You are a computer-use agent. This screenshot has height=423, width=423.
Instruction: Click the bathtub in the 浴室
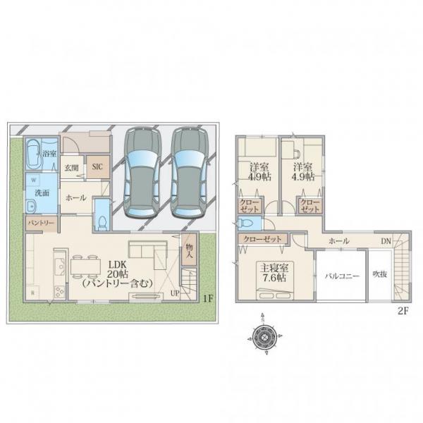point(34,153)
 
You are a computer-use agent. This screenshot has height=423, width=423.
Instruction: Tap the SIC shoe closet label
point(97,166)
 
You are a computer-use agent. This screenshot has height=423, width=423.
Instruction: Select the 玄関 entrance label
point(71,168)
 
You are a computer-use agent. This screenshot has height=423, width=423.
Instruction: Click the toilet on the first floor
point(102,223)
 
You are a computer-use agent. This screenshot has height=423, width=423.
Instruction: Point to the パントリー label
point(42,223)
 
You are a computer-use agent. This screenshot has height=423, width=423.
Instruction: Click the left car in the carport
point(142,172)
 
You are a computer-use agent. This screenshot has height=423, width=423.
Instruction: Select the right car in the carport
point(190,172)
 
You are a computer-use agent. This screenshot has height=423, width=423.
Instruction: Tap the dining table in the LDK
point(85,266)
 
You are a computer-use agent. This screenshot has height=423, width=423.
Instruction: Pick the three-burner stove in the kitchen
point(60,292)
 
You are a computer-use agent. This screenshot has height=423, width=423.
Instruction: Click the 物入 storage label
point(189,250)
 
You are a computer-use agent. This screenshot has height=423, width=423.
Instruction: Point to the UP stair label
point(175,293)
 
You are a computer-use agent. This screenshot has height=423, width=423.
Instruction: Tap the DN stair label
point(386,241)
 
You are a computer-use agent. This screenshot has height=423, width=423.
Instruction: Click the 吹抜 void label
point(380,274)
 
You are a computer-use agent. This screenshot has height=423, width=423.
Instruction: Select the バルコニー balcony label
point(342,276)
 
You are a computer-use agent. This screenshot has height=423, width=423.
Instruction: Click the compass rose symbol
point(264,336)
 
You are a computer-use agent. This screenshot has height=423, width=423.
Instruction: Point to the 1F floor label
point(208,298)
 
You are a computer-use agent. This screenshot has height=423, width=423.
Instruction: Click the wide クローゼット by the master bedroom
point(262,239)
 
